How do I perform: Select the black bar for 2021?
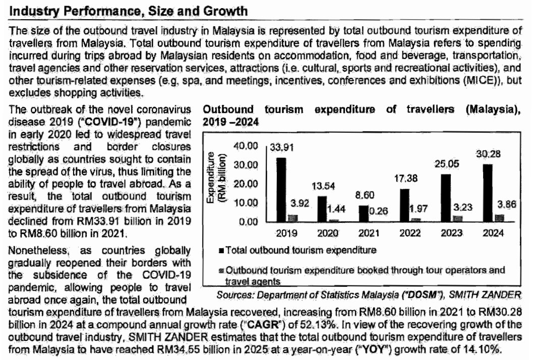365,213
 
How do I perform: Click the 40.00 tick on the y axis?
247,147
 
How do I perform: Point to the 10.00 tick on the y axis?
247,203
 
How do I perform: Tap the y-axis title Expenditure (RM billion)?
213,180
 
